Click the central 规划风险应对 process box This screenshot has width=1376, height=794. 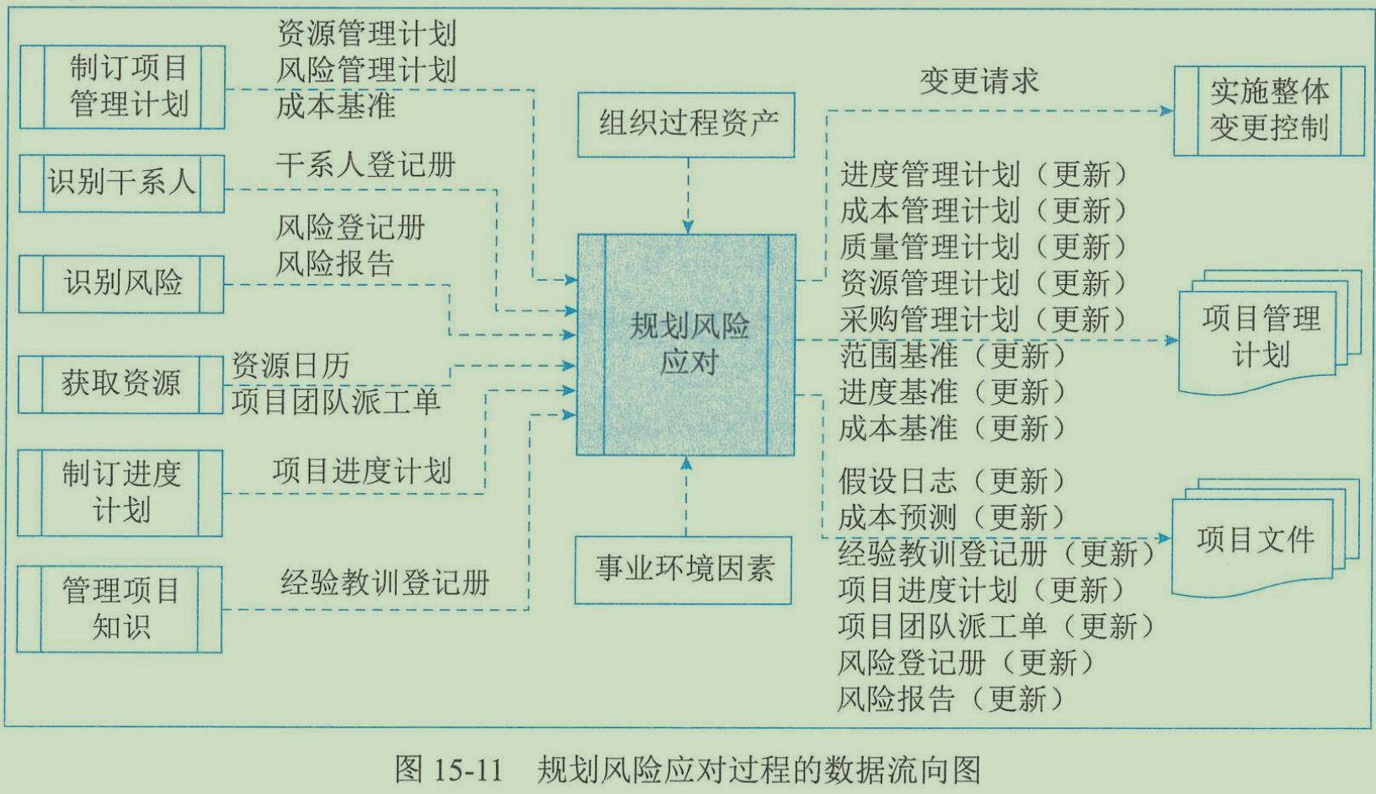click(x=686, y=345)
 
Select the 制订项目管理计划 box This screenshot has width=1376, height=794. click(x=123, y=87)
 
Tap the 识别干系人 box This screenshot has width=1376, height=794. click(x=122, y=183)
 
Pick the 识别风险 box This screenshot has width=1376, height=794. click(x=122, y=284)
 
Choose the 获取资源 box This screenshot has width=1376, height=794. click(x=121, y=384)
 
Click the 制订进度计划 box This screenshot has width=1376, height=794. click(x=121, y=493)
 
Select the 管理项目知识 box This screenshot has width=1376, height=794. click(x=120, y=609)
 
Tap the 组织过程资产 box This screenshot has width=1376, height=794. click(x=686, y=125)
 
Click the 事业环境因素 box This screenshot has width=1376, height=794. click(x=684, y=570)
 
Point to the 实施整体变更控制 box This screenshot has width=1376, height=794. click(x=1269, y=110)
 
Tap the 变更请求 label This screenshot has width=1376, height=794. click(x=979, y=81)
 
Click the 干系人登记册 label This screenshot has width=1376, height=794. click(x=365, y=164)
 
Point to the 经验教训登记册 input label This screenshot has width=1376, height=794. click(x=385, y=583)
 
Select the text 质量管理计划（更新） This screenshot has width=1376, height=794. click(x=983, y=247)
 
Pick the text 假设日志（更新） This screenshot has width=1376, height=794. click(x=952, y=481)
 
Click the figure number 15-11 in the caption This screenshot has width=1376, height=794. click(x=467, y=770)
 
